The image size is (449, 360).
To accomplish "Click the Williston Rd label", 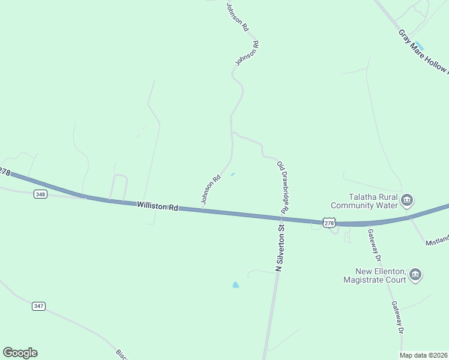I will (x=158, y=206).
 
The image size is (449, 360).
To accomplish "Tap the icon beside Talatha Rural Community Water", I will (x=407, y=200).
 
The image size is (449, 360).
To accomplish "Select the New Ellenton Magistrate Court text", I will (x=373, y=275).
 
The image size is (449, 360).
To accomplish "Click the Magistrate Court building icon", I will (x=415, y=275).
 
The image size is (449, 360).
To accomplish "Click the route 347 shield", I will (x=38, y=306).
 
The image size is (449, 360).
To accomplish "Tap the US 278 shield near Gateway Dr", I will (x=329, y=223).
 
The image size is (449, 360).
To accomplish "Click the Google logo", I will (x=20, y=353).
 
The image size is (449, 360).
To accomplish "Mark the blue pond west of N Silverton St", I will (x=235, y=284).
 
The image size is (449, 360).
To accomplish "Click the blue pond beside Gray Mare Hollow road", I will (x=420, y=46).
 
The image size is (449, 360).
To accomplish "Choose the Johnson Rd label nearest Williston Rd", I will (x=211, y=190).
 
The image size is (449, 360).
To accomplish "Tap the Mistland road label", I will (x=437, y=241).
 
